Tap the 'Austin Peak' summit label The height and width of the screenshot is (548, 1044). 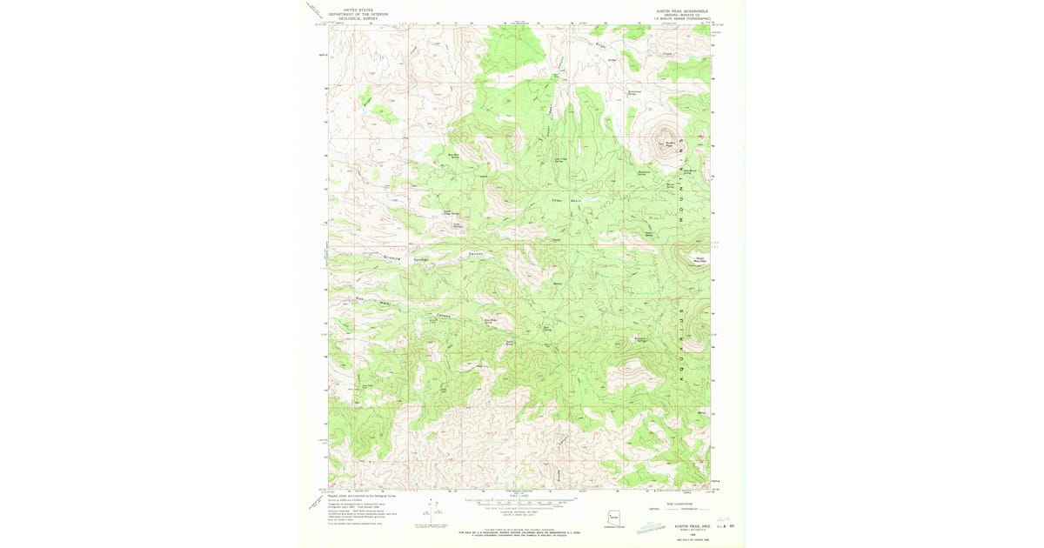coord(670,144)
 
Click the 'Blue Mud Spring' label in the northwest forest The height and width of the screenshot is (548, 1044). coord(453,156)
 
